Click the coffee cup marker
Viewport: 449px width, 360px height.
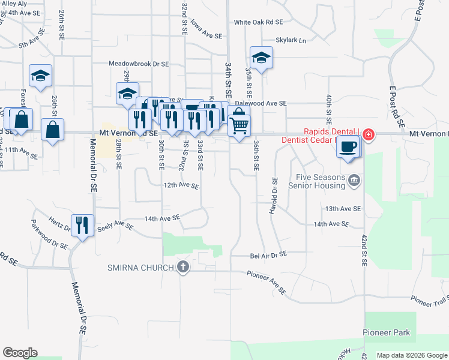348,146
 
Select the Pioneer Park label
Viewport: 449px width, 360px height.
386,332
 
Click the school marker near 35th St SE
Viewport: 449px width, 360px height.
261,58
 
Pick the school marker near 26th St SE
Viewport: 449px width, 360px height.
40,76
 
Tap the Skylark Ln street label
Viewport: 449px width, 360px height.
291,40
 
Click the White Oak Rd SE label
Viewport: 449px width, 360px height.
258,22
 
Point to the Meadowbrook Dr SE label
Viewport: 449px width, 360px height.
139,63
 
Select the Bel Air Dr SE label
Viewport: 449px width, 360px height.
268,255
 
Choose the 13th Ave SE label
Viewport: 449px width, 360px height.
343,209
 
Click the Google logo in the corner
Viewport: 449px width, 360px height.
20,353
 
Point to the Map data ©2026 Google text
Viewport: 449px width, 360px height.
411,355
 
